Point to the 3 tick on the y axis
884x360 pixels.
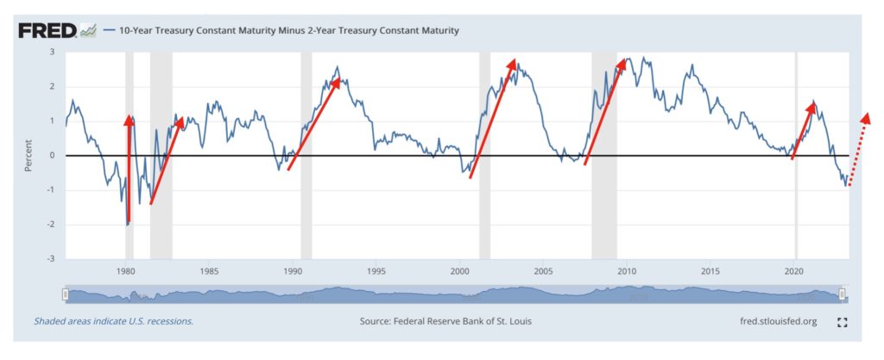click(52, 52)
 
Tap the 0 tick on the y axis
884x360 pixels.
click(52, 155)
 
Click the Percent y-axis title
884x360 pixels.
click(28, 155)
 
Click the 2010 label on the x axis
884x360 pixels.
click(627, 269)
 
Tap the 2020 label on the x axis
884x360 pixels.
click(793, 269)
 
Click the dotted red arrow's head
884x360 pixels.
click(866, 117)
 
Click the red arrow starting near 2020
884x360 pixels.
click(803, 129)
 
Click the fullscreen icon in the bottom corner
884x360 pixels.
click(843, 321)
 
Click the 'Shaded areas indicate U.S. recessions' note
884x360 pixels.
click(113, 320)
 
